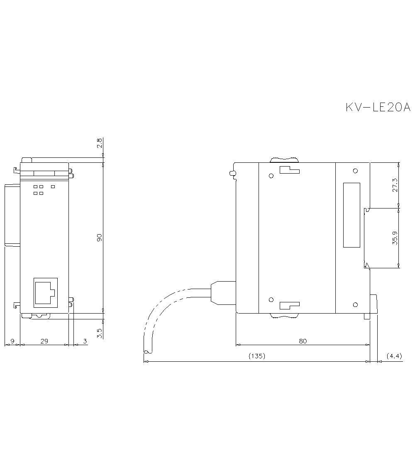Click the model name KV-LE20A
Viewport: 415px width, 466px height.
[x=378, y=108]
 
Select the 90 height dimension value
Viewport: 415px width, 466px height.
[x=99, y=238]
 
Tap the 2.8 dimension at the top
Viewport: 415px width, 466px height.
[x=99, y=144]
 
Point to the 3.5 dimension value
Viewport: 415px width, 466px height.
[x=99, y=333]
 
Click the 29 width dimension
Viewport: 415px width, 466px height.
[x=44, y=341]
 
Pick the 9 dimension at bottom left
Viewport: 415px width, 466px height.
[x=12, y=341]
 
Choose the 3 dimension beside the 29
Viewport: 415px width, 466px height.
[x=85, y=341]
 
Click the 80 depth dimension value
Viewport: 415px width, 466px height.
[x=303, y=341]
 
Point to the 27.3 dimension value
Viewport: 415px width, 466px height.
[x=395, y=185]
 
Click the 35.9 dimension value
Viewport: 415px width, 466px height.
[x=395, y=238]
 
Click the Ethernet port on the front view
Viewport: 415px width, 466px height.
[x=45, y=292]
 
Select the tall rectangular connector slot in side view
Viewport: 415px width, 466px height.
[x=351, y=215]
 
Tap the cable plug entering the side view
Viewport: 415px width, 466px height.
[x=223, y=293]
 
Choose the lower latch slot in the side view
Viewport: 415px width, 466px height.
[x=289, y=305]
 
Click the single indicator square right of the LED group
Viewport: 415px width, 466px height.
[x=53, y=186]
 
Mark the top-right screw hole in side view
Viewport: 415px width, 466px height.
[x=355, y=171]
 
